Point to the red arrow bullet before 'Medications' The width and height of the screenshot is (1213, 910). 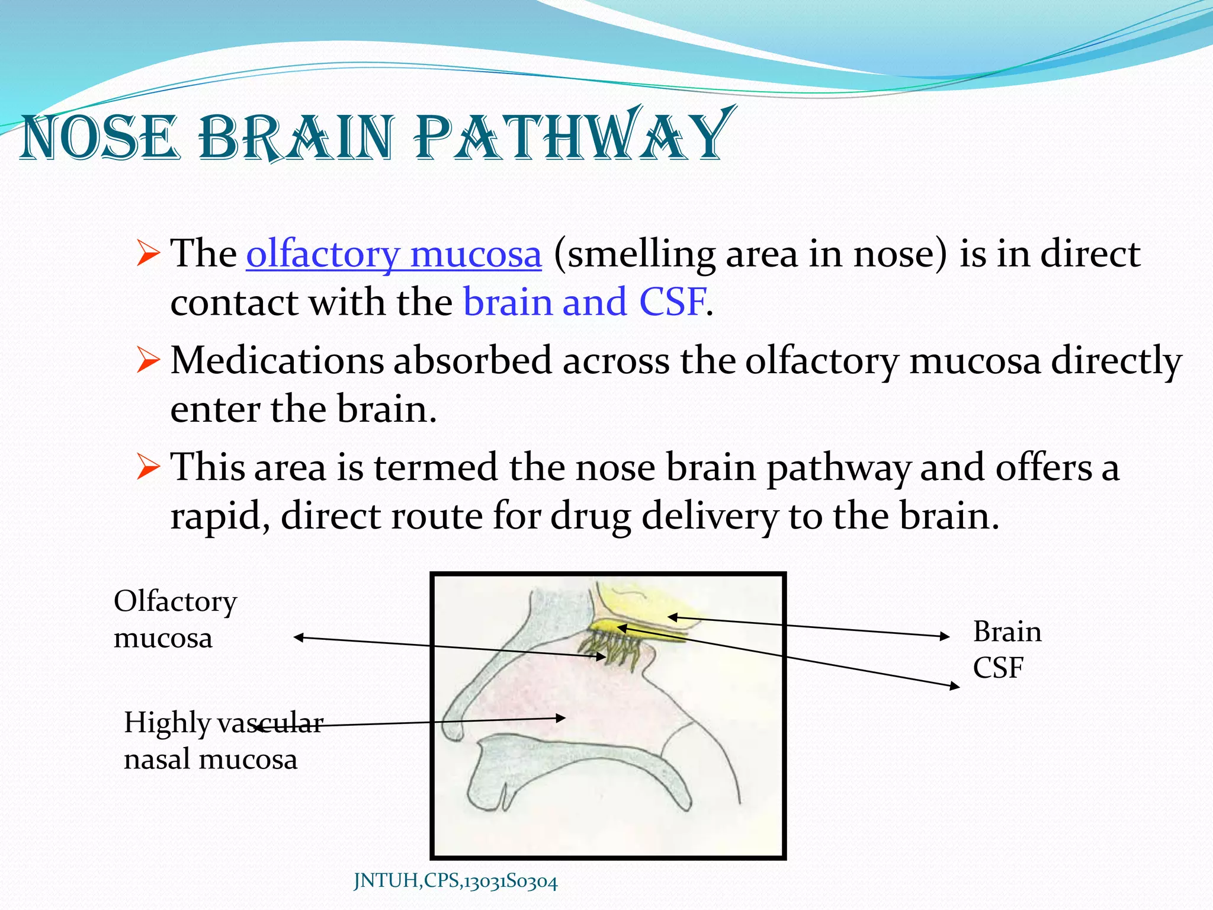click(x=147, y=360)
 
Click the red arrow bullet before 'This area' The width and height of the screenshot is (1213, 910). click(x=147, y=467)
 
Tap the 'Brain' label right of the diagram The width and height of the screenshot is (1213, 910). click(x=1007, y=632)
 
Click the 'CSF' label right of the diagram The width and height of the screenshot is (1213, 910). click(x=998, y=668)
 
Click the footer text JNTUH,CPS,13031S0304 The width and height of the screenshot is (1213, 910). click(x=455, y=882)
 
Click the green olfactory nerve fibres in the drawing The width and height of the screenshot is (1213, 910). click(x=616, y=649)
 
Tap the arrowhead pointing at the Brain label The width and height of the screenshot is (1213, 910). click(x=945, y=636)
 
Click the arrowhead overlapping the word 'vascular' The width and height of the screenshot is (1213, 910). click(x=259, y=726)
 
